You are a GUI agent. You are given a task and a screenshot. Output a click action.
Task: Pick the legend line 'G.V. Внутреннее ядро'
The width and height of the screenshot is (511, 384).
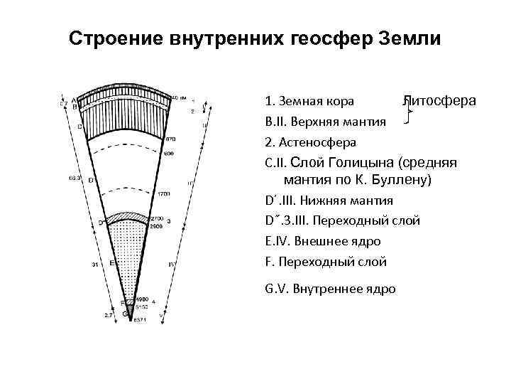click(x=330, y=289)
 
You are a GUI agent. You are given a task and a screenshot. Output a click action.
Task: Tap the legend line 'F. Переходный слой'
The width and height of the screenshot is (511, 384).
click(x=326, y=262)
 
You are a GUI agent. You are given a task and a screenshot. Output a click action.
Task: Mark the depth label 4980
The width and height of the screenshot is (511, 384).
click(x=142, y=299)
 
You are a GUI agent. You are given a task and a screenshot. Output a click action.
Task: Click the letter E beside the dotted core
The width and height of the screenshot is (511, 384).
click(x=112, y=262)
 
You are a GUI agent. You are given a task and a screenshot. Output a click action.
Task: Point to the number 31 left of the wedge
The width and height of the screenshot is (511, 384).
click(x=94, y=265)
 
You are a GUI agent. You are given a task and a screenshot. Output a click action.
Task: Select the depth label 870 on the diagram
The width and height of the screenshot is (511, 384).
click(x=170, y=139)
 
